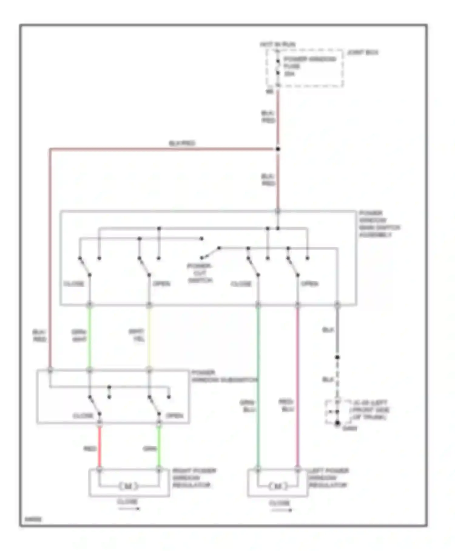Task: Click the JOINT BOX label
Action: coord(363,53)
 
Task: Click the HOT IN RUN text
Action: coord(277,44)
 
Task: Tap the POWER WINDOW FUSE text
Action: coord(309,63)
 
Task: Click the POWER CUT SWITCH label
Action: coord(200,273)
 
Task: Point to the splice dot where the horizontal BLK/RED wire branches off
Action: coord(278,149)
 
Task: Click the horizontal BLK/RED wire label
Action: coord(182,143)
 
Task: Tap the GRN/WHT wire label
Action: coord(79,335)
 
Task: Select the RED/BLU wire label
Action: coord(286,405)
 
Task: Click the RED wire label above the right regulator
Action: coord(89,449)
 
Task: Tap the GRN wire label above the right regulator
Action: coord(150,449)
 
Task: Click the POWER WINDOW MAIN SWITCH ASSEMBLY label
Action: coord(379,224)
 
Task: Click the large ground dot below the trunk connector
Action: coord(337,423)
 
